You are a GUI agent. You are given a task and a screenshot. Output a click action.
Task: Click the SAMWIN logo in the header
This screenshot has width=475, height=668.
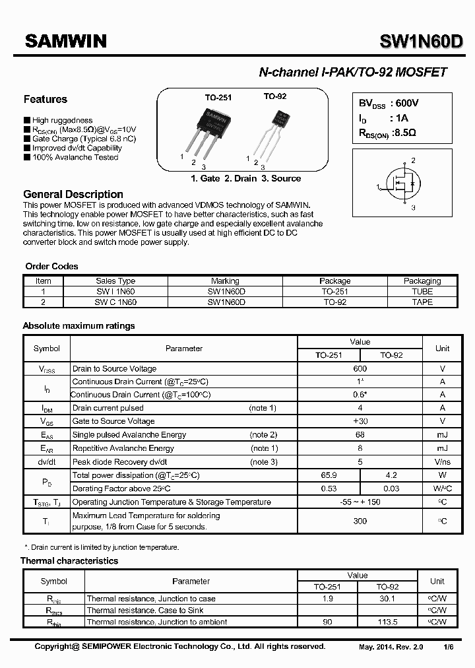coord(66,42)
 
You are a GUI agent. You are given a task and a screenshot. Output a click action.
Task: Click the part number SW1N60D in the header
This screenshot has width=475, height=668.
coord(420,42)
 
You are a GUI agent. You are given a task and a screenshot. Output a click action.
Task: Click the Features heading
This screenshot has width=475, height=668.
coord(46,100)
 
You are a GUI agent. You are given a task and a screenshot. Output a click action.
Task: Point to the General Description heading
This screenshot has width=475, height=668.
coord(73,194)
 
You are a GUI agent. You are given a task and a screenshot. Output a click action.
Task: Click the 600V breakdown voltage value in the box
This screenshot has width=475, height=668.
coord(404,103)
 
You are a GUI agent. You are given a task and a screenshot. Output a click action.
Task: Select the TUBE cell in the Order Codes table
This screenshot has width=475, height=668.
coord(422,291)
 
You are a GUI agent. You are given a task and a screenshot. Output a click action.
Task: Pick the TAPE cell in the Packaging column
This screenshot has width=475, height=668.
coord(422,302)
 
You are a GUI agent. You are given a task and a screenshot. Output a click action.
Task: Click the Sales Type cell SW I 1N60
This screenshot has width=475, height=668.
coord(115,291)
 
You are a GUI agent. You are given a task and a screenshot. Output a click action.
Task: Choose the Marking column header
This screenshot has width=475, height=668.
coord(226,281)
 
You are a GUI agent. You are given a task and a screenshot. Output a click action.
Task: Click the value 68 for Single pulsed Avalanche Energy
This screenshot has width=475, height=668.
coord(360,435)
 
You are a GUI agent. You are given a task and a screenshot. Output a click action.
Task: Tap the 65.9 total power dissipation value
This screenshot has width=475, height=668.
coord(328,475)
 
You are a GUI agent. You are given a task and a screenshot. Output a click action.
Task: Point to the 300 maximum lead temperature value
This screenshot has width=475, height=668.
coord(360,521)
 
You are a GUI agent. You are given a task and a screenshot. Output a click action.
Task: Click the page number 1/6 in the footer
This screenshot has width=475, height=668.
coord(448,647)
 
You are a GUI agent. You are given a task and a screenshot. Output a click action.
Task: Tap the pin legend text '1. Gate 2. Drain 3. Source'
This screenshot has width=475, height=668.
coord(245,178)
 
